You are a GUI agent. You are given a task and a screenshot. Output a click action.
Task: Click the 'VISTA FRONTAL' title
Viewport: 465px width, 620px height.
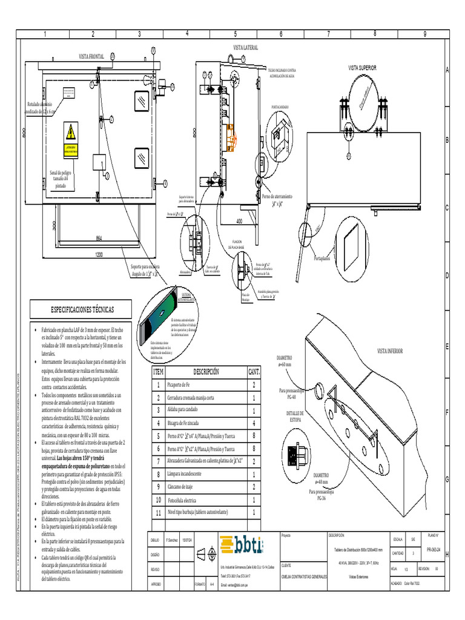[x=92, y=56]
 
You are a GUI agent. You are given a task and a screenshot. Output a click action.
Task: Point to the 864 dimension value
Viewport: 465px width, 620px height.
[x=97, y=238]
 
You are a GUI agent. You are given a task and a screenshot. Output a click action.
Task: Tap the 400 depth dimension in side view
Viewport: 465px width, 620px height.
[x=239, y=221]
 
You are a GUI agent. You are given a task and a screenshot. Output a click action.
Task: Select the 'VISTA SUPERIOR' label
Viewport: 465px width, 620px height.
[x=362, y=68]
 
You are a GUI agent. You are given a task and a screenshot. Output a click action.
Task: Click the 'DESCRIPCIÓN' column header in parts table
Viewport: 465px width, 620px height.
[x=205, y=371]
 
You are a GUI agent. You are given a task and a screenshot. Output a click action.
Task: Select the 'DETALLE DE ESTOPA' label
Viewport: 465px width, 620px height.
[x=294, y=415]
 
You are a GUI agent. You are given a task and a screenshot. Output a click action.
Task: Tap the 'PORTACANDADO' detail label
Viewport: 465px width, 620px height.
[x=280, y=107]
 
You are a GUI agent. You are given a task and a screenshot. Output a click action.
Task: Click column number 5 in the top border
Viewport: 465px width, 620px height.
[x=235, y=33]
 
